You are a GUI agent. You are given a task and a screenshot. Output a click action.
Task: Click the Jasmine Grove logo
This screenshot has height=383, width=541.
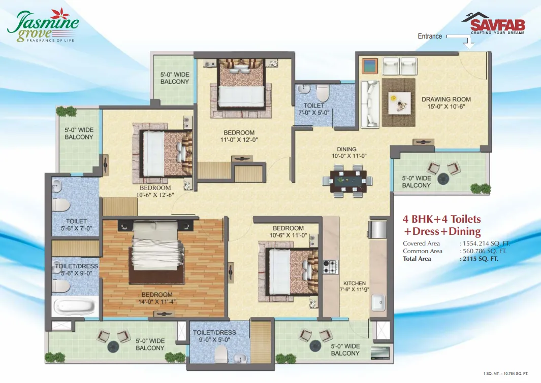pos(43,26)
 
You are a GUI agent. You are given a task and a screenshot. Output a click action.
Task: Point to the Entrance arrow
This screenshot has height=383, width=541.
pos(461,40)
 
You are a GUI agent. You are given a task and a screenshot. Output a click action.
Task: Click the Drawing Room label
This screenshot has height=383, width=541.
pos(446,102)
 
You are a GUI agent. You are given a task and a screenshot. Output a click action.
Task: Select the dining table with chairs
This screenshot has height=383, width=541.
pos(348,181)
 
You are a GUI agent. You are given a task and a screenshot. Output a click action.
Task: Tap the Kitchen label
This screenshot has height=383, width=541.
pos(355,286)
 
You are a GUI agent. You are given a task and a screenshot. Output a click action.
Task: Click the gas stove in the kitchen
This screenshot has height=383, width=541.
pos(330,267)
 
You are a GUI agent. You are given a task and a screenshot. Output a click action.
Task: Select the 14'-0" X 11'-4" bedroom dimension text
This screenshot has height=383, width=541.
pos(157,302)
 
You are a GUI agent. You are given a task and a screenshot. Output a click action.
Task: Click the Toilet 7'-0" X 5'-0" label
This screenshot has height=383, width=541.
pos(313,109)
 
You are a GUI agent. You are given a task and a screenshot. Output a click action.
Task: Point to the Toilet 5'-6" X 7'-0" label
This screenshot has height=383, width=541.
pos(76,225)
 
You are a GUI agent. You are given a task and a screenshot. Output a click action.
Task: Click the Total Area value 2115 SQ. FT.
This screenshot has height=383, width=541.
pos(479,259)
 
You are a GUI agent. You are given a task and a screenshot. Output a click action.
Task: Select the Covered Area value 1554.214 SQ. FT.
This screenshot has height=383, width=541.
pos(485,243)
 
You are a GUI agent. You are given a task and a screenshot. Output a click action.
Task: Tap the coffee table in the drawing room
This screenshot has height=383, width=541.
pos(400,102)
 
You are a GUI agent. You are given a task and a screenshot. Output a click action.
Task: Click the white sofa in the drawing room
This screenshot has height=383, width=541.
pos(370,104)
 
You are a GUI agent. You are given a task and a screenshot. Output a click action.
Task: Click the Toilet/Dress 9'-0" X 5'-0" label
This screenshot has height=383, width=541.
pos(214,336)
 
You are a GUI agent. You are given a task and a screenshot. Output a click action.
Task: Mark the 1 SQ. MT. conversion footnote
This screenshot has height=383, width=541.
pos(505,373)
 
